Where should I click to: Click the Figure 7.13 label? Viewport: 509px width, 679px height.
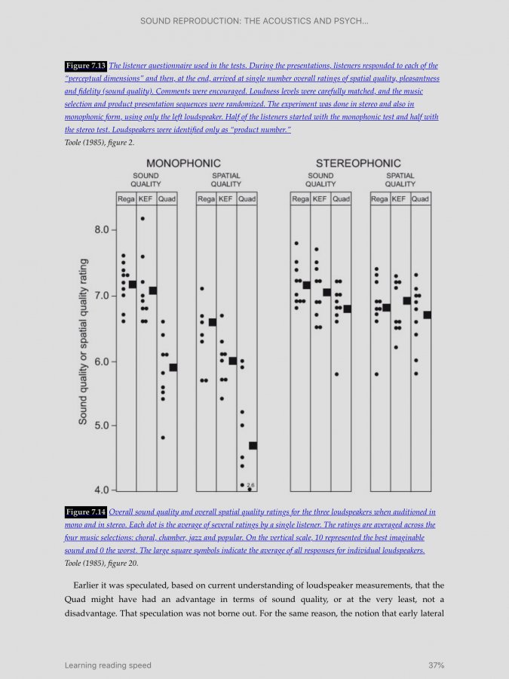[86, 66]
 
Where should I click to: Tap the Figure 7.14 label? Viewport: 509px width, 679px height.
[86, 512]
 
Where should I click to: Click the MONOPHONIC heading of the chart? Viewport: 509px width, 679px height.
[183, 163]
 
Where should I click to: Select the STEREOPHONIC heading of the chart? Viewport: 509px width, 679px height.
[358, 163]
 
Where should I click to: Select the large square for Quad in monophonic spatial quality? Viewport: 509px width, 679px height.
[253, 445]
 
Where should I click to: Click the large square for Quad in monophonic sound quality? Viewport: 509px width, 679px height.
[173, 367]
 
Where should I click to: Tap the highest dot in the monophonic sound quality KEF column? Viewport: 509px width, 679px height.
[143, 219]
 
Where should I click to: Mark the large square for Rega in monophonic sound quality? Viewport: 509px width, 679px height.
[133, 284]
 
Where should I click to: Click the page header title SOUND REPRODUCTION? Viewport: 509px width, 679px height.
[254, 20]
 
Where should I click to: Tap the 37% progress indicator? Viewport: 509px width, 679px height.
[436, 665]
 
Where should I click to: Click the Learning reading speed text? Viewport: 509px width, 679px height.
[108, 665]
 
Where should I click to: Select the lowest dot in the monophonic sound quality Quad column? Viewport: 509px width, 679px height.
[162, 437]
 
